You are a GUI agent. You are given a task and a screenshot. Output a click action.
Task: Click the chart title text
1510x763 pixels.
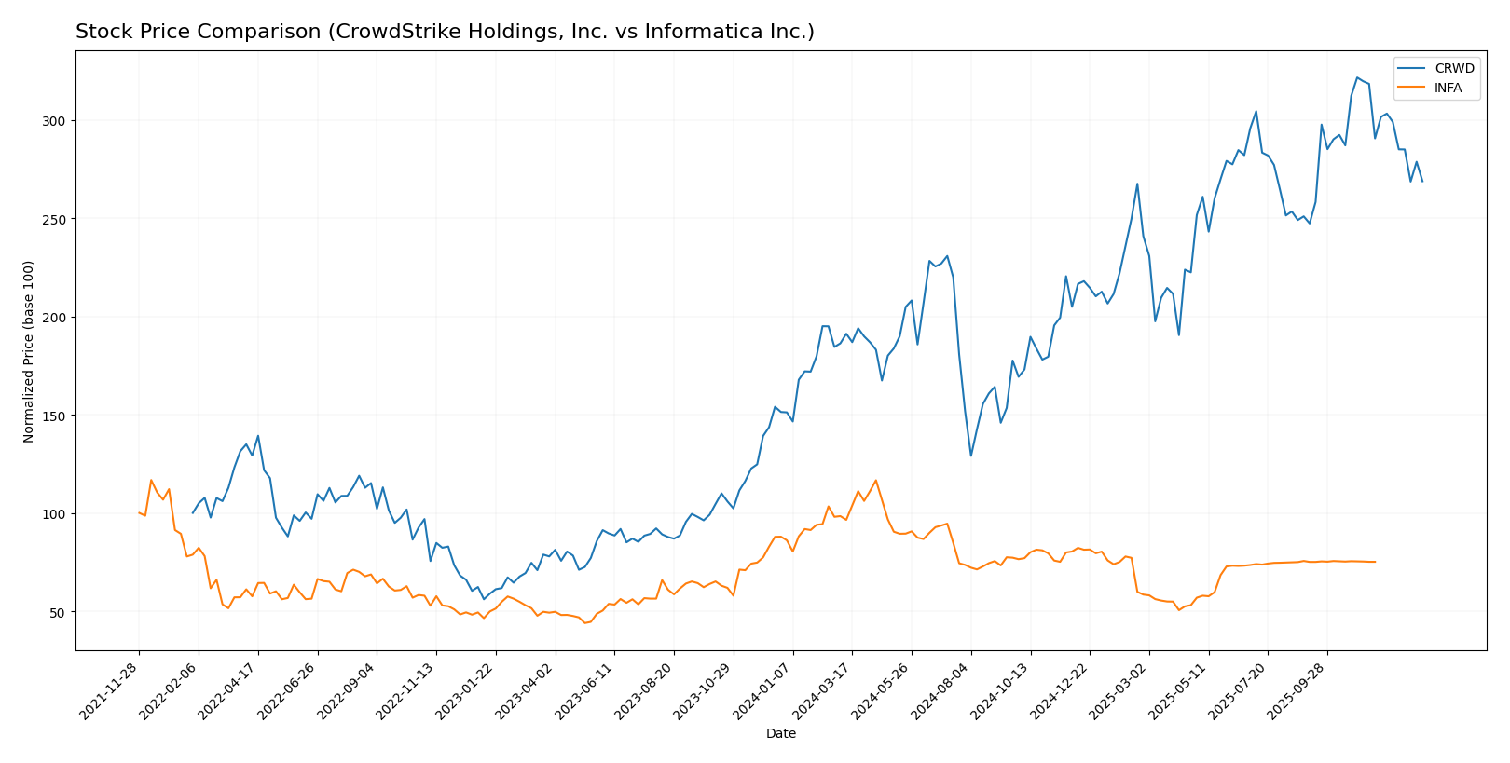(x=445, y=33)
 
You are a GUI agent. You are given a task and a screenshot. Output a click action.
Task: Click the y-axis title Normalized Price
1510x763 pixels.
(x=29, y=351)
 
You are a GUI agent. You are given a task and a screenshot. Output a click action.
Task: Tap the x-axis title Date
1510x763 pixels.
(x=781, y=734)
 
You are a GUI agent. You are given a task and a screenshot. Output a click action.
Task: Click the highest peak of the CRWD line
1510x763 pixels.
(x=1357, y=77)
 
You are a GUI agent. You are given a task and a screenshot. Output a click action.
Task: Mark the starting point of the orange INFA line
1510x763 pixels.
(x=139, y=512)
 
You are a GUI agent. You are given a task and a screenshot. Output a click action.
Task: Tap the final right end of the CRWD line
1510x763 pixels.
(x=1422, y=182)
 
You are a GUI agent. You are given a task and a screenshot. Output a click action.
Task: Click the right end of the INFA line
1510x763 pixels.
(x=1375, y=562)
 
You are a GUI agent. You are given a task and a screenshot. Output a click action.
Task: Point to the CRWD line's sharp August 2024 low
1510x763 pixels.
(x=970, y=456)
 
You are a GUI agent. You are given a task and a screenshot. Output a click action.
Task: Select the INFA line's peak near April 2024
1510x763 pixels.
(x=875, y=481)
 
